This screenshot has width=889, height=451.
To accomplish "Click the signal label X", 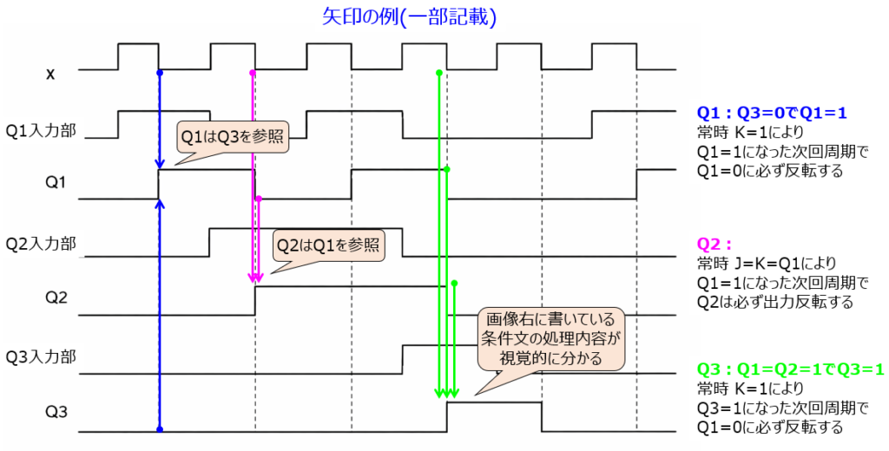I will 50,74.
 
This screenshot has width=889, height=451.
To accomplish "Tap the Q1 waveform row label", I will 56,183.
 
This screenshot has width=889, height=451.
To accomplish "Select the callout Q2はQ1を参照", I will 327,245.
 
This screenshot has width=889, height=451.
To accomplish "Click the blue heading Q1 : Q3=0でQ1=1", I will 772,113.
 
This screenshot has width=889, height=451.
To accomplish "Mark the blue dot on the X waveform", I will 159,72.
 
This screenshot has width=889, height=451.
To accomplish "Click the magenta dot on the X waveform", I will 253,72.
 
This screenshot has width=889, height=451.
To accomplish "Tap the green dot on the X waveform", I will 439,72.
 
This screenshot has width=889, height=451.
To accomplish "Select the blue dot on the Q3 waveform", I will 159,428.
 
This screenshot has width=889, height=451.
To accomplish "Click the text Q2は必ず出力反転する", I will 775,302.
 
